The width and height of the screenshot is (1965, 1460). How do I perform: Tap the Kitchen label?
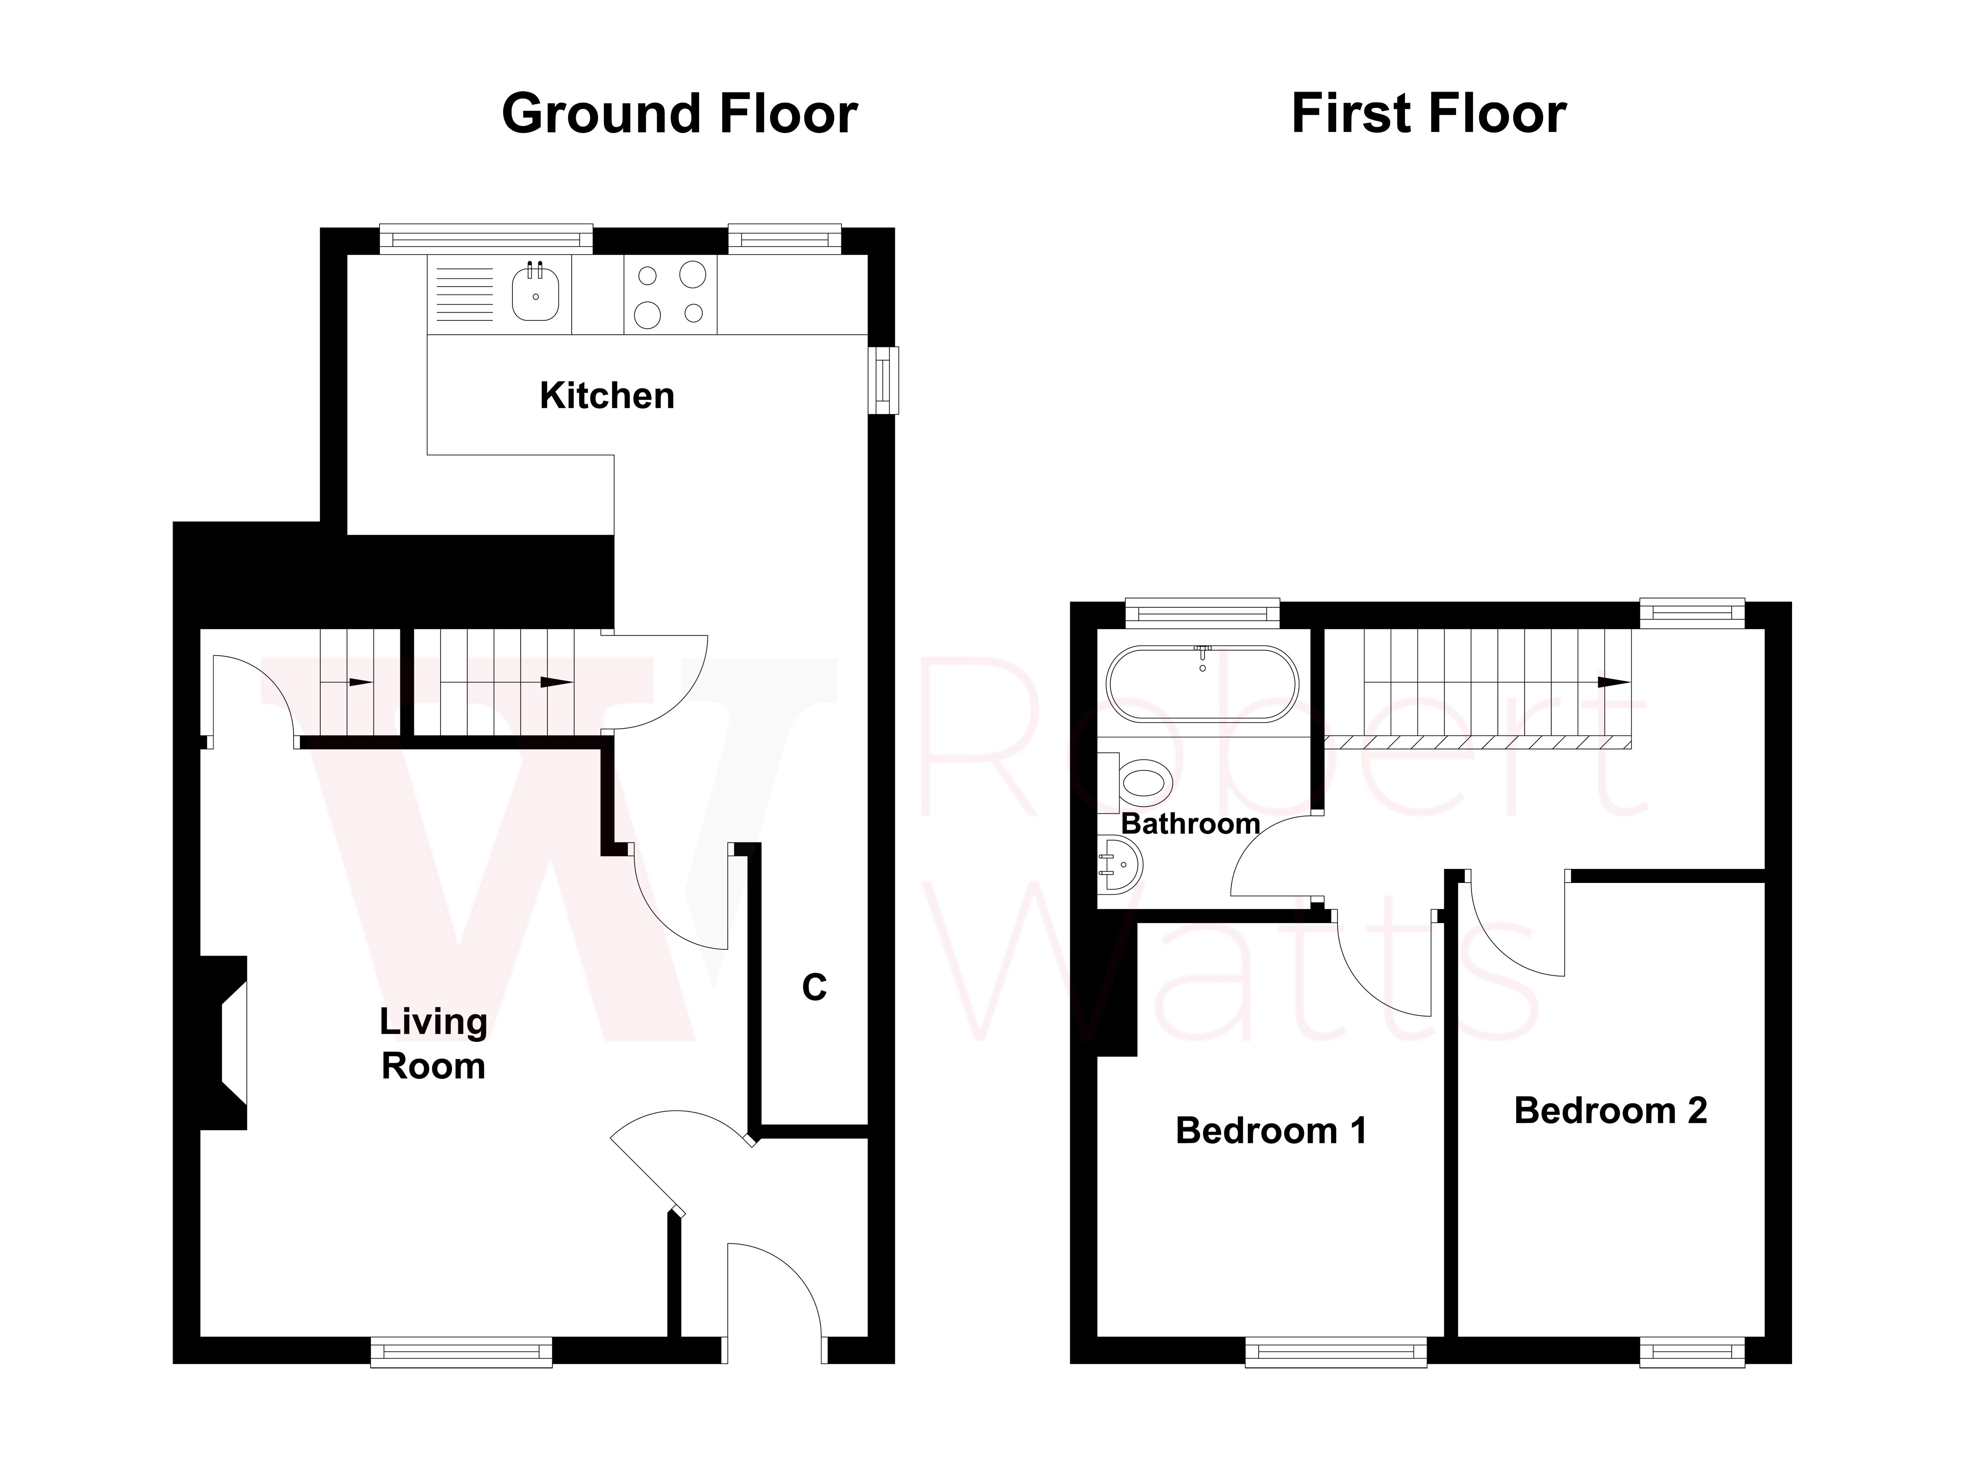[607, 396]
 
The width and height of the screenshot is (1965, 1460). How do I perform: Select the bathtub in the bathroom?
[1203, 685]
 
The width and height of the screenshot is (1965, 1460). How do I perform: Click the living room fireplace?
[225, 1043]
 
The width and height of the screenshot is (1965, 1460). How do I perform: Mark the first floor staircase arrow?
[1613, 682]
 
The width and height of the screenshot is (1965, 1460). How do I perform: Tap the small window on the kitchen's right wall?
[882, 380]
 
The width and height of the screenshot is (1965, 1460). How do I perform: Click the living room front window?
[461, 1352]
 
